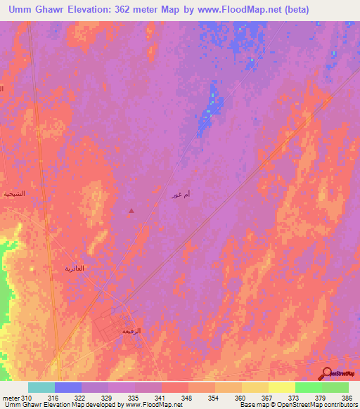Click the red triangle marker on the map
tap(131, 209)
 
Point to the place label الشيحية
tap(13, 193)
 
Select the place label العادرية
tap(75, 268)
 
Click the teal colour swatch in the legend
tap(41, 387)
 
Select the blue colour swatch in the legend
tap(68, 387)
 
